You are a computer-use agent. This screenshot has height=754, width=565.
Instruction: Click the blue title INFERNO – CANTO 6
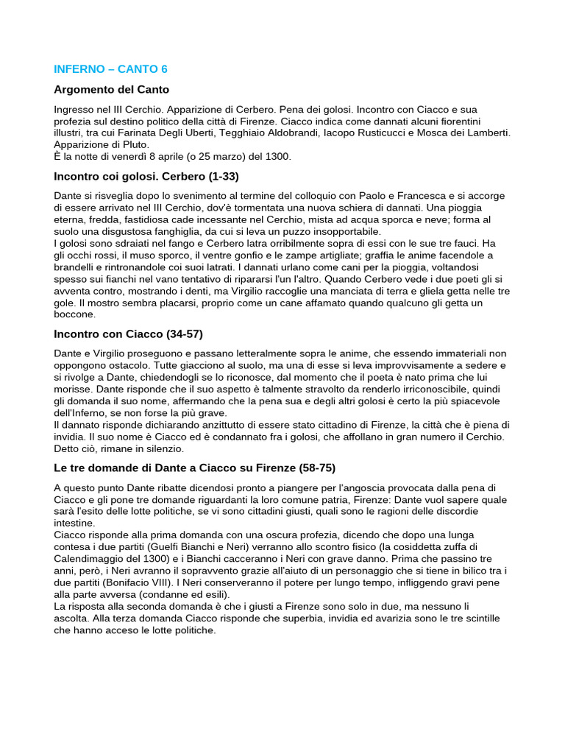pos(110,69)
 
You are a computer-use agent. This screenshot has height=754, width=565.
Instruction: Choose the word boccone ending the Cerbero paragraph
pos(75,314)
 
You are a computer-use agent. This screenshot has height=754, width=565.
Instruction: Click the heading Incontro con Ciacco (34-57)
pos(128,334)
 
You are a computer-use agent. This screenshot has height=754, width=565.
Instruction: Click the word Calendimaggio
pos(88,558)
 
